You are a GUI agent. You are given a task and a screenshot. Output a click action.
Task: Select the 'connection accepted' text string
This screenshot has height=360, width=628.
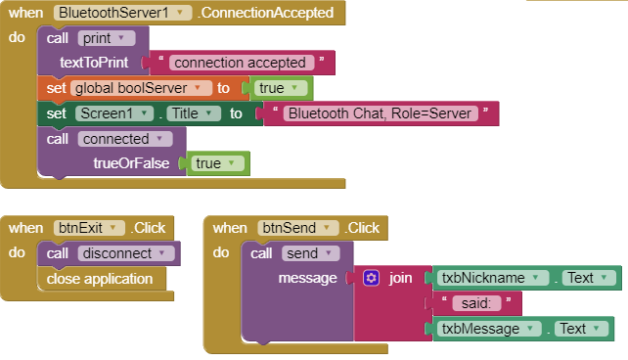(242, 63)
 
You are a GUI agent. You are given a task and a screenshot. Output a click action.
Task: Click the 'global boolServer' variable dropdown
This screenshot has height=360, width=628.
(141, 88)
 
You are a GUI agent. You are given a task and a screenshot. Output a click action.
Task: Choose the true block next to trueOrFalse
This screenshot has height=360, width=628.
(216, 163)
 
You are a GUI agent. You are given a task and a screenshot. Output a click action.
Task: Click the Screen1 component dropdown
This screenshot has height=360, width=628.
(114, 113)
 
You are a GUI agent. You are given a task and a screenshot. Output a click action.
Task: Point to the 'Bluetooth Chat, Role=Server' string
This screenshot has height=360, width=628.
(381, 113)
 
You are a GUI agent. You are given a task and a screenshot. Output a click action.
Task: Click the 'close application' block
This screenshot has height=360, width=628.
(101, 279)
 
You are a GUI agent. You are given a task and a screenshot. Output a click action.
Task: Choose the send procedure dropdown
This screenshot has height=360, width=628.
(307, 253)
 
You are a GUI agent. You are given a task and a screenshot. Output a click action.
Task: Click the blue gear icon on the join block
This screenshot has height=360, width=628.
(371, 279)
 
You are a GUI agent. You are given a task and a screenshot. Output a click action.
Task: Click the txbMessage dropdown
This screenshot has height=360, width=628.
(486, 329)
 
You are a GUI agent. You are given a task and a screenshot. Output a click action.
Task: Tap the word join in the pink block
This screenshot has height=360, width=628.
(400, 279)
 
